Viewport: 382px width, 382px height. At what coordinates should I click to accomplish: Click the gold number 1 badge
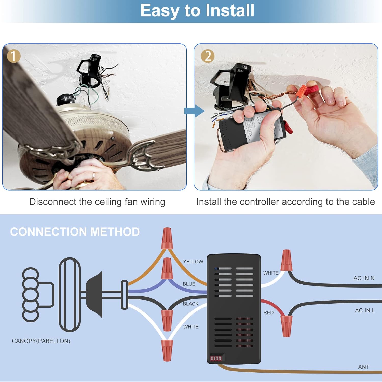(13, 56)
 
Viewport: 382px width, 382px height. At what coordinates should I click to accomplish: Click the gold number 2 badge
(208, 56)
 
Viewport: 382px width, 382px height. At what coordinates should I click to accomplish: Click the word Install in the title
(230, 11)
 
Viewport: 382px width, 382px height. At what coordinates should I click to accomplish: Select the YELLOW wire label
(193, 262)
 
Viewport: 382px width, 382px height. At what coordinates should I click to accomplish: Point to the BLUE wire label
(189, 284)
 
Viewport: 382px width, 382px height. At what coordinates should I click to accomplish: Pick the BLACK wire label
(190, 304)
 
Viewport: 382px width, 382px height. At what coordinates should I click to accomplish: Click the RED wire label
(268, 312)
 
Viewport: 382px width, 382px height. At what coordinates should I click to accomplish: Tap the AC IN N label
(364, 278)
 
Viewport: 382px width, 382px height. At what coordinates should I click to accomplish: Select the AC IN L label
(365, 310)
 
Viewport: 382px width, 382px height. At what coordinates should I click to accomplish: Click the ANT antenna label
(363, 367)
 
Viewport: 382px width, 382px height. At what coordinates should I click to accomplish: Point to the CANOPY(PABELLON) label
(41, 341)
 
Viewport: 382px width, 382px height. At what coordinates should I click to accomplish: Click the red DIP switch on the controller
(216, 358)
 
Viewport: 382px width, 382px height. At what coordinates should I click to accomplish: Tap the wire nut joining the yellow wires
(167, 238)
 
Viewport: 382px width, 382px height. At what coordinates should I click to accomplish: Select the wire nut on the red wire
(286, 326)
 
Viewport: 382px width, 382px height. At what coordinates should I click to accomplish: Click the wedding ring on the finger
(94, 175)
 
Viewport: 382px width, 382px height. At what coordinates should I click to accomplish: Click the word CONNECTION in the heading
(48, 232)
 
